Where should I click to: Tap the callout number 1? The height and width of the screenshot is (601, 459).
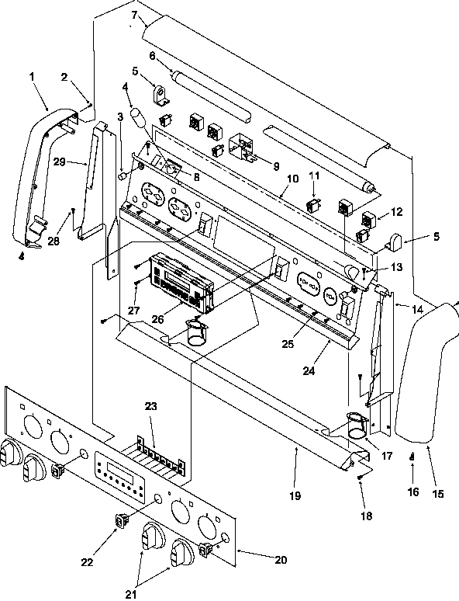[33, 77]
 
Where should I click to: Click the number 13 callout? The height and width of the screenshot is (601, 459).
[375, 267]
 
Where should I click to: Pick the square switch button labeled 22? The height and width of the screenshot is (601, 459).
[121, 521]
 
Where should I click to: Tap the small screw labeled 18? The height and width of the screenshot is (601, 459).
[361, 479]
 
